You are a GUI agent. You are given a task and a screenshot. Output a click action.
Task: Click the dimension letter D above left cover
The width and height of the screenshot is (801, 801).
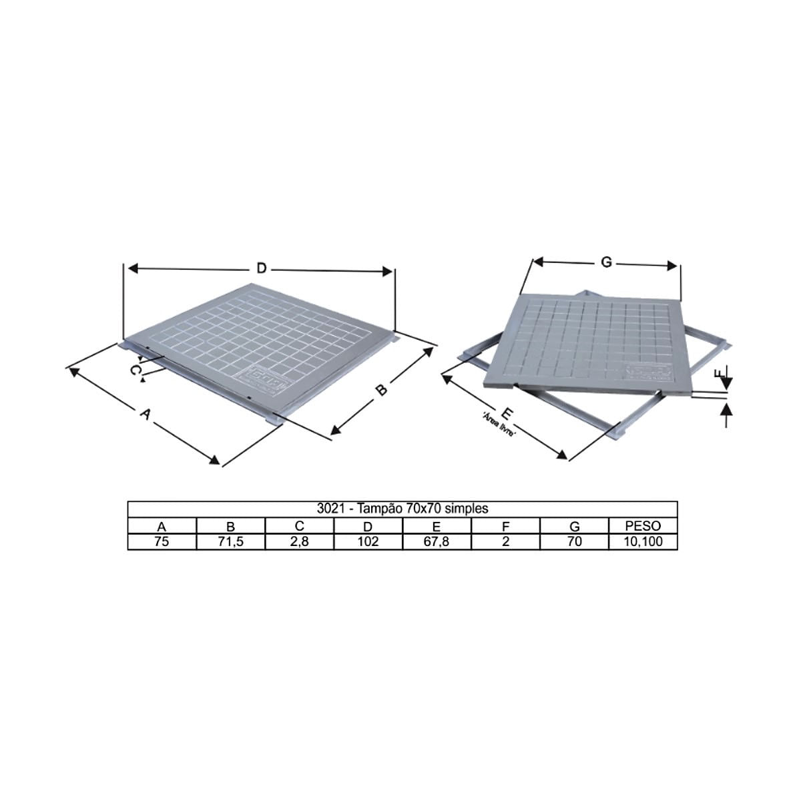pyautogui.click(x=262, y=268)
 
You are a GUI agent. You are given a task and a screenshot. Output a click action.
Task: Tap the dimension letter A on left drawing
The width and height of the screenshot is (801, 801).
pyautogui.click(x=144, y=415)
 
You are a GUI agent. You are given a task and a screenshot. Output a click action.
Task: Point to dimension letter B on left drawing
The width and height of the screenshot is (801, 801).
pyautogui.click(x=380, y=390)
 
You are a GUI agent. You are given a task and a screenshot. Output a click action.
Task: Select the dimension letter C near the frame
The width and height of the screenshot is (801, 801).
pyautogui.click(x=136, y=369)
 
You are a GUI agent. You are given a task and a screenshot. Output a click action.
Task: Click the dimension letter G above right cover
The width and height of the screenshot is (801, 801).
pyautogui.click(x=606, y=262)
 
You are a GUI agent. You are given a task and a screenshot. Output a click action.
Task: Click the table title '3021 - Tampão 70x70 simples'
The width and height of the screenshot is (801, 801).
pyautogui.click(x=403, y=509)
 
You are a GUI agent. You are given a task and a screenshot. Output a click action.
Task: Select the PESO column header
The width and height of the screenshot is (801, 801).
pyautogui.click(x=643, y=526)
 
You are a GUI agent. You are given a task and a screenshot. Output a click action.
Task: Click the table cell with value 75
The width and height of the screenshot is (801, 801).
pyautogui.click(x=162, y=541)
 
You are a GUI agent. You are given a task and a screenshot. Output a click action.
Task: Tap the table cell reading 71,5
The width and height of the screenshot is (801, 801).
pyautogui.click(x=231, y=541)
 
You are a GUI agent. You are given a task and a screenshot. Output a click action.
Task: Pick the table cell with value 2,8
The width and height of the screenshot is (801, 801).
pyautogui.click(x=300, y=541)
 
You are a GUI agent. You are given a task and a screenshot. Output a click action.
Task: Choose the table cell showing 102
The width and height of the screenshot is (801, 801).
pyautogui.click(x=368, y=541)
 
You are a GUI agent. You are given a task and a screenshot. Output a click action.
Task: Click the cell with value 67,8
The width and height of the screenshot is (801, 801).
pyautogui.click(x=437, y=541)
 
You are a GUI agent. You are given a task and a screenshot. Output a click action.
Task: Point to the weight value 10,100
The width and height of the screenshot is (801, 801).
pyautogui.click(x=643, y=541)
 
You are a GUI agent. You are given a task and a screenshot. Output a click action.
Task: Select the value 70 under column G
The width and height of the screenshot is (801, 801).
pyautogui.click(x=574, y=541)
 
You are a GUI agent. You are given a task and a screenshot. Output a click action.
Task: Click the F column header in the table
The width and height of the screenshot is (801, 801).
pyautogui.click(x=505, y=526)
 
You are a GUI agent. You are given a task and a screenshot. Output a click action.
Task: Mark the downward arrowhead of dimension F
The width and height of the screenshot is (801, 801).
pyautogui.click(x=727, y=385)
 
